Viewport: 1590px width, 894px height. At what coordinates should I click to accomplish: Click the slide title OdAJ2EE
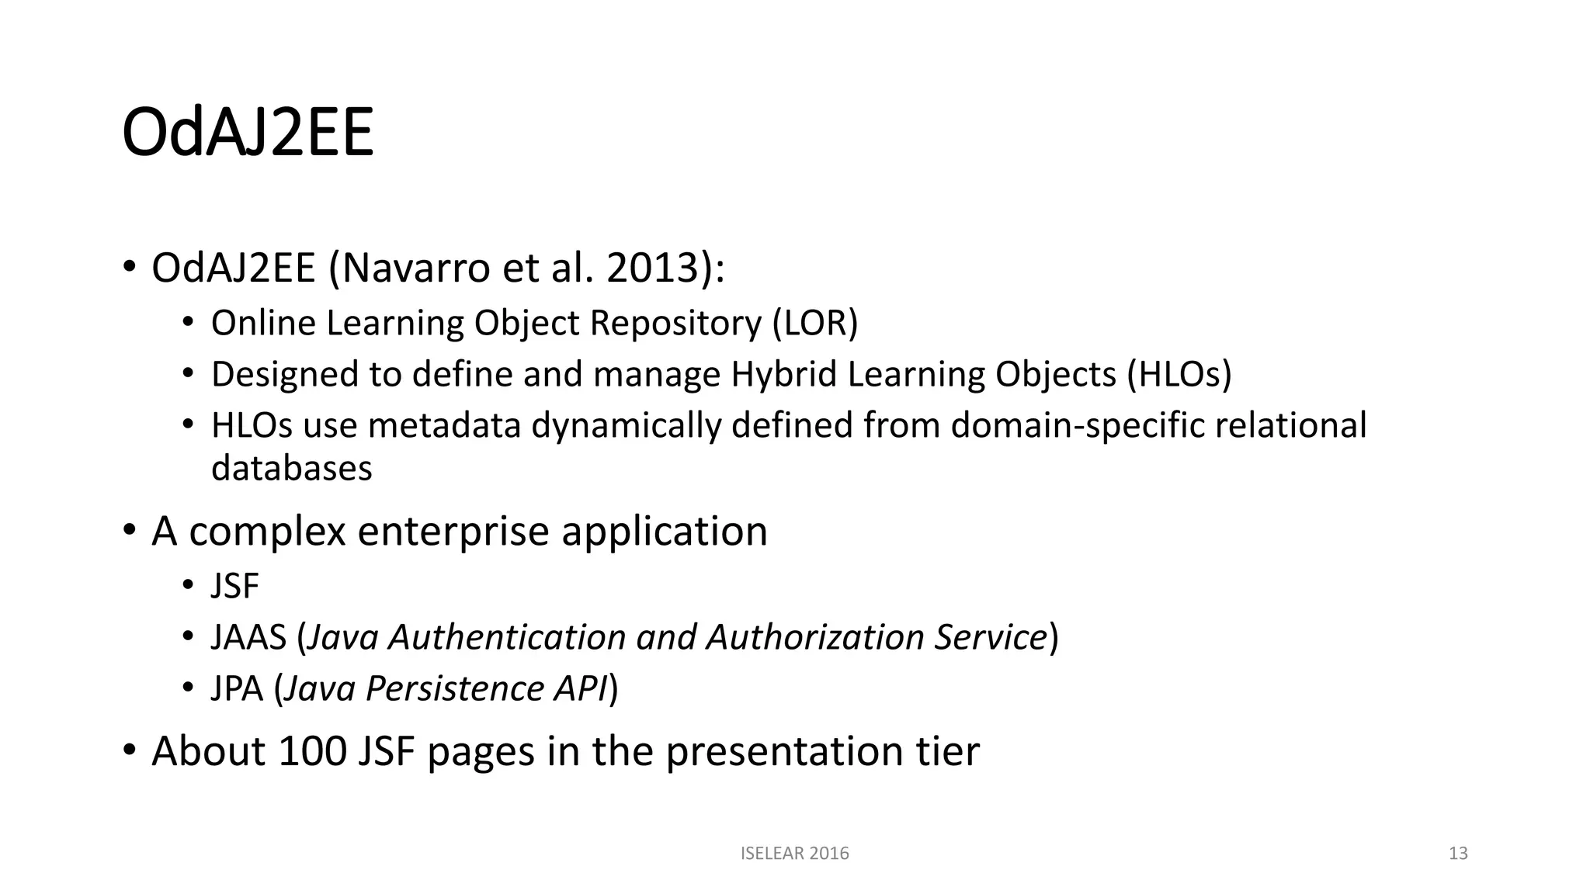[248, 133]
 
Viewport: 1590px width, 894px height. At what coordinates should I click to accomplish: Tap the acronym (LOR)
[814, 323]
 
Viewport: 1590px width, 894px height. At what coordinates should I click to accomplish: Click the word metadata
[443, 425]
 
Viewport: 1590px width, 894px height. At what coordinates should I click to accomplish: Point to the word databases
[291, 468]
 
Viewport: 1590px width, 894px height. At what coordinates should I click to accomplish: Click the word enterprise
[453, 532]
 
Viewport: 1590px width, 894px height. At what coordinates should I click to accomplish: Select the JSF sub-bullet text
[234, 586]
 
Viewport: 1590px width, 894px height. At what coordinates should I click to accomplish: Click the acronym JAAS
[248, 637]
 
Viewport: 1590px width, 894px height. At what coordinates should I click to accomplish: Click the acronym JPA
[237, 688]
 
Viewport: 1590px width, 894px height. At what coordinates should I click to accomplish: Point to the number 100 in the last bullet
[311, 751]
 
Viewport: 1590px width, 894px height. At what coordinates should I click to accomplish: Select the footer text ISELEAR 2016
[794, 854]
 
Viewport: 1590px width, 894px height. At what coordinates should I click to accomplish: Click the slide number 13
[1458, 854]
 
